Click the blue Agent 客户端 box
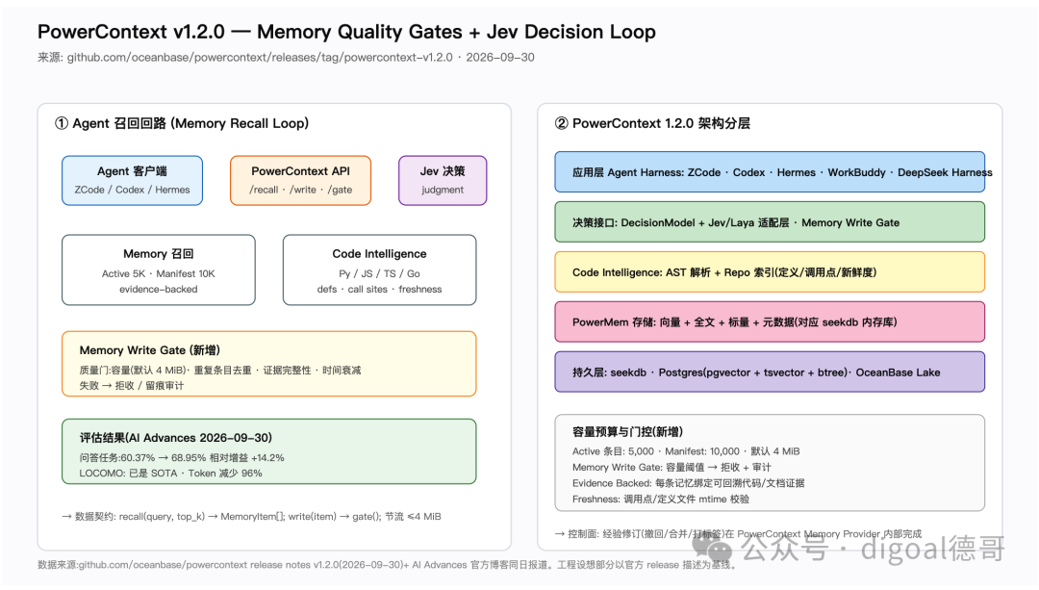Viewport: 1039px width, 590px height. pyautogui.click(x=132, y=180)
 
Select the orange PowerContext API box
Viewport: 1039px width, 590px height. pyautogui.click(x=300, y=180)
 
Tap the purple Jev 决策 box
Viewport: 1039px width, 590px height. pyautogui.click(x=443, y=180)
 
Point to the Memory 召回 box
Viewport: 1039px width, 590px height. pyautogui.click(x=159, y=269)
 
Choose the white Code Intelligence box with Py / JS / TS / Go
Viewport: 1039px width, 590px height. pyautogui.click(x=380, y=269)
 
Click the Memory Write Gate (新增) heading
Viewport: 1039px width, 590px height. pyautogui.click(x=150, y=350)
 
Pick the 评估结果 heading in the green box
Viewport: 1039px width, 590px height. pyautogui.click(x=176, y=438)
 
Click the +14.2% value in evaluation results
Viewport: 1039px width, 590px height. pyautogui.click(x=267, y=457)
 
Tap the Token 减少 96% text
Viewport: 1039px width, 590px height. pyautogui.click(x=225, y=474)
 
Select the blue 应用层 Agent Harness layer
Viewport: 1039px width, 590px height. pyautogui.click(x=770, y=171)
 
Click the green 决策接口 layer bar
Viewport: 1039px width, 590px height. pyautogui.click(x=770, y=222)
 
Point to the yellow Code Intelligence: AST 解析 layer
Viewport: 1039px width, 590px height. pyautogui.click(x=770, y=271)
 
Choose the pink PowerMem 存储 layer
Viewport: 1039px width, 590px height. pyautogui.click(x=770, y=321)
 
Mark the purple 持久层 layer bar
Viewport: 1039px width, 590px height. pyautogui.click(x=770, y=372)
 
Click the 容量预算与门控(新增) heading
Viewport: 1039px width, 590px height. pyautogui.click(x=627, y=431)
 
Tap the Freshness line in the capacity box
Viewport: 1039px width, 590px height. pyautogui.click(x=661, y=500)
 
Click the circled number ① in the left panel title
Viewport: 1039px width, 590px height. pyautogui.click(x=62, y=123)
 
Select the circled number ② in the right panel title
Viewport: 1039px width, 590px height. pyautogui.click(x=561, y=123)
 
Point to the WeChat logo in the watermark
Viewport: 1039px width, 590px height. pyautogui.click(x=713, y=549)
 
